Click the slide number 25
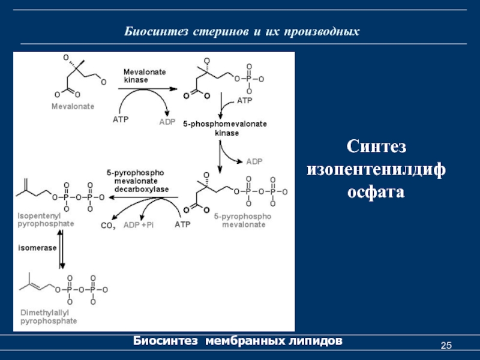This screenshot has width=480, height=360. [x=446, y=345]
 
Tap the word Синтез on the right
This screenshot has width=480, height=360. [x=377, y=147]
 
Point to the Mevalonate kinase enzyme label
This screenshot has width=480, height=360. [x=145, y=75]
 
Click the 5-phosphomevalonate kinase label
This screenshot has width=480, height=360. [x=226, y=128]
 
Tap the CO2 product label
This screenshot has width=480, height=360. [x=108, y=226]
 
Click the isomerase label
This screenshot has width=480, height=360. [x=37, y=247]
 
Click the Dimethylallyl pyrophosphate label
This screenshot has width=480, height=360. [x=49, y=317]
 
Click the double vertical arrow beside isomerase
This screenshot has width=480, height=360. [x=62, y=247]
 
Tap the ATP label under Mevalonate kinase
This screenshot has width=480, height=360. [x=121, y=119]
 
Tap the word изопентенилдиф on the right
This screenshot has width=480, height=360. [x=377, y=170]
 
